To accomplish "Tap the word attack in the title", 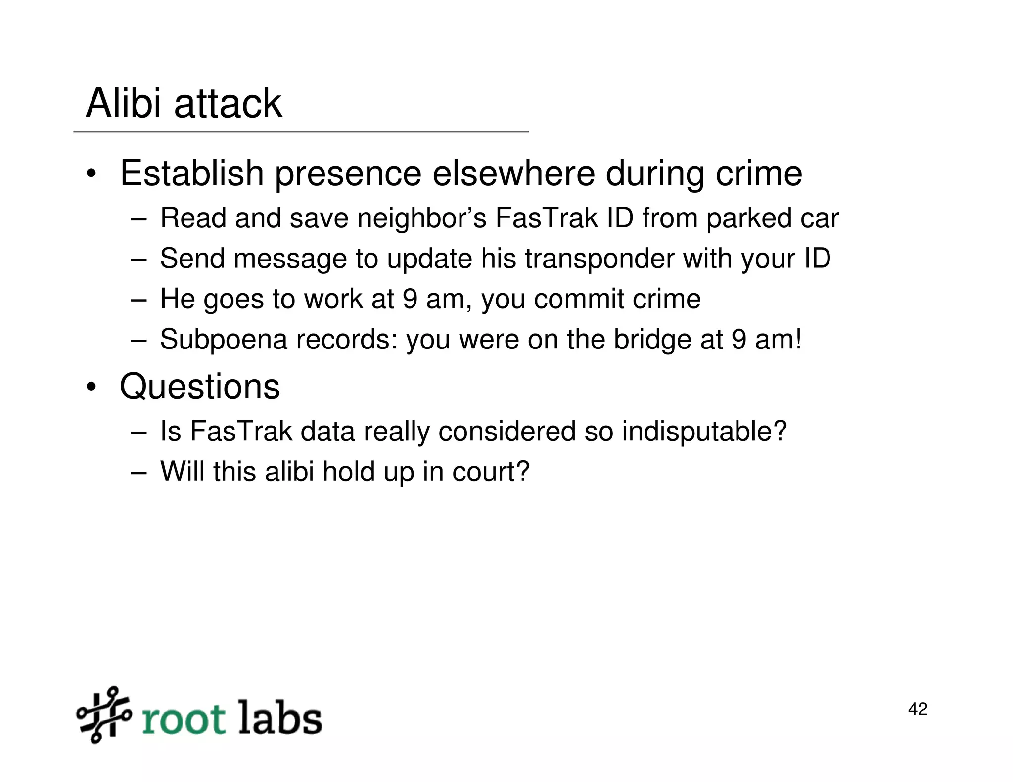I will click(x=228, y=104).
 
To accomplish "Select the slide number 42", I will click(x=918, y=709).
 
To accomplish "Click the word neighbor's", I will click(x=422, y=218).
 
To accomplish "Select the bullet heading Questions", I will click(x=200, y=387).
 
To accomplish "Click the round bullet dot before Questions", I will click(x=91, y=388).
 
